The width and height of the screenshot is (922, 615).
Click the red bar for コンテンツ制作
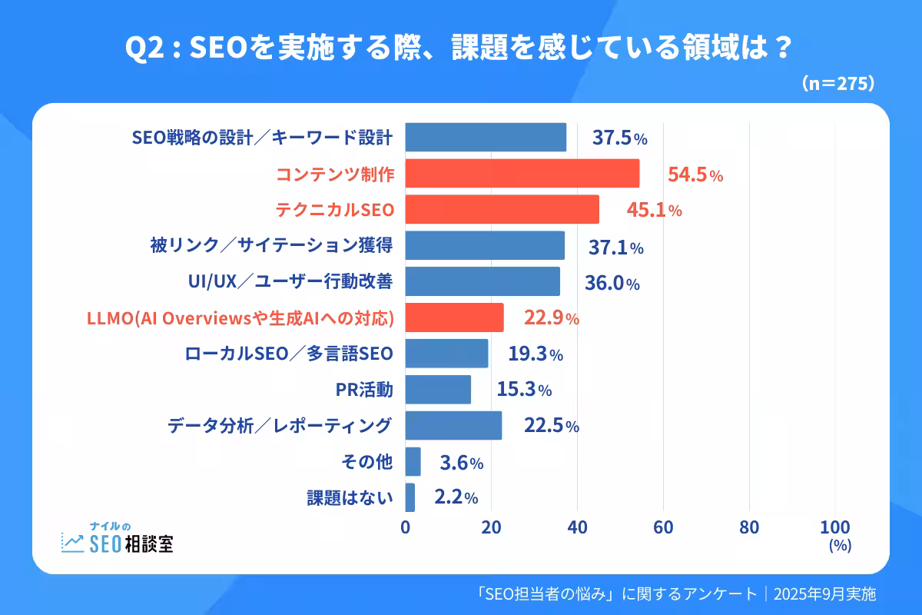(x=522, y=174)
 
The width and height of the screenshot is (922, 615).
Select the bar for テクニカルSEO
(x=502, y=209)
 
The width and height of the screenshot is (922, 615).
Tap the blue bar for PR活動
(x=438, y=390)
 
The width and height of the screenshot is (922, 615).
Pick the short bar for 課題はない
(x=410, y=497)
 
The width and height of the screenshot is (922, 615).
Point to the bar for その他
(x=413, y=462)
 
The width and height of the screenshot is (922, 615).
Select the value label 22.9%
(x=551, y=317)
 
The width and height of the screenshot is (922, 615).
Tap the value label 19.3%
(x=536, y=354)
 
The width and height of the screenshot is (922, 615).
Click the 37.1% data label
(x=615, y=247)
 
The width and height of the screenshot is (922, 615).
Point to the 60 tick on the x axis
(x=663, y=527)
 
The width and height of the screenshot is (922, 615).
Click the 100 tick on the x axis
(x=835, y=527)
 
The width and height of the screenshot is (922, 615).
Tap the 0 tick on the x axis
(x=406, y=527)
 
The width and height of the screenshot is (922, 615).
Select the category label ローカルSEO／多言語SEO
(x=289, y=354)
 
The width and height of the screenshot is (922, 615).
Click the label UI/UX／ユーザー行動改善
(x=290, y=282)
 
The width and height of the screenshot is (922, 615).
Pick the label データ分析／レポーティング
(x=280, y=425)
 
